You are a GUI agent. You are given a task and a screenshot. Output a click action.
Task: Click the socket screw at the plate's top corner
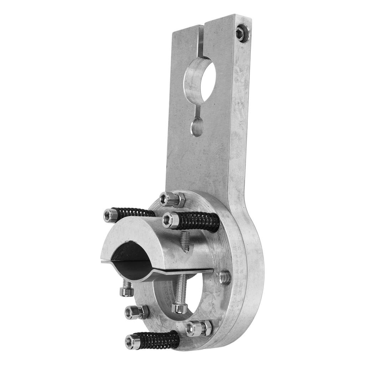[x=241, y=33]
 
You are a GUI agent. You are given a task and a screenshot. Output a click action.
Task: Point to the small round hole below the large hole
[x=197, y=127]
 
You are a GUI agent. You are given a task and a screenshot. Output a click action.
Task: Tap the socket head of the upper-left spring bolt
[x=110, y=215]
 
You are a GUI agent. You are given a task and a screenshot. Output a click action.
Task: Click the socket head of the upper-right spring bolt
[x=170, y=220]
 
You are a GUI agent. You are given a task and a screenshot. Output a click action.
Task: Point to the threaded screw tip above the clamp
[x=184, y=240]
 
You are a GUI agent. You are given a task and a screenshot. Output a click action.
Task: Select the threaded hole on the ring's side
[x=225, y=277]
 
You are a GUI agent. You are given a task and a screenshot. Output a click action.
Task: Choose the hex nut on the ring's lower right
[x=199, y=328]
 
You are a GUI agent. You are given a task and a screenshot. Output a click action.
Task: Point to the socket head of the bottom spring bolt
[x=133, y=343]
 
